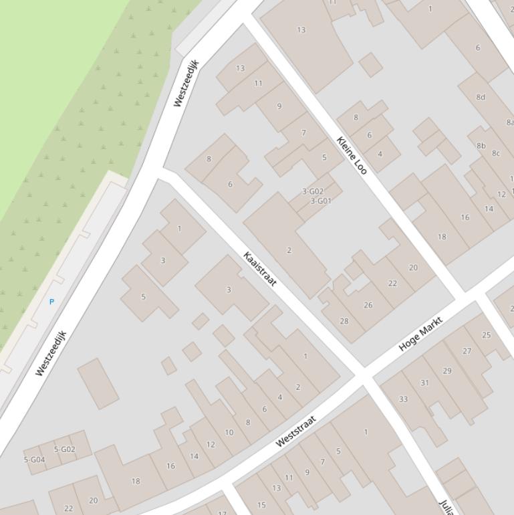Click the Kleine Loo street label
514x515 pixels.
click(352, 155)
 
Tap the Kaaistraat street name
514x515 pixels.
click(260, 269)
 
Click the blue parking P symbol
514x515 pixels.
click(51, 302)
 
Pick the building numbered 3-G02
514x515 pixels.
click(313, 191)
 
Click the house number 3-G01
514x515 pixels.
click(321, 201)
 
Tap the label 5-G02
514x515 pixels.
click(65, 449)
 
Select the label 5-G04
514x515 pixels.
click(34, 459)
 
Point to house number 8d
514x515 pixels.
click(481, 97)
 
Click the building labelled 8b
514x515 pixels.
click(481, 145)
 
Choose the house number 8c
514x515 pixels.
click(496, 153)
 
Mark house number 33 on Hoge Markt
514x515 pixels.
click(403, 399)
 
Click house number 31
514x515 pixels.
click(424, 383)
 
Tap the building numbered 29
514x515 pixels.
click(446, 371)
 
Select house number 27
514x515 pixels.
click(467, 351)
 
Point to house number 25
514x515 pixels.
click(486, 335)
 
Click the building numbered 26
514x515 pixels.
click(368, 305)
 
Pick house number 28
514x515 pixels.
click(344, 321)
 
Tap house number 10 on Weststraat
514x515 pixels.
click(229, 432)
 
